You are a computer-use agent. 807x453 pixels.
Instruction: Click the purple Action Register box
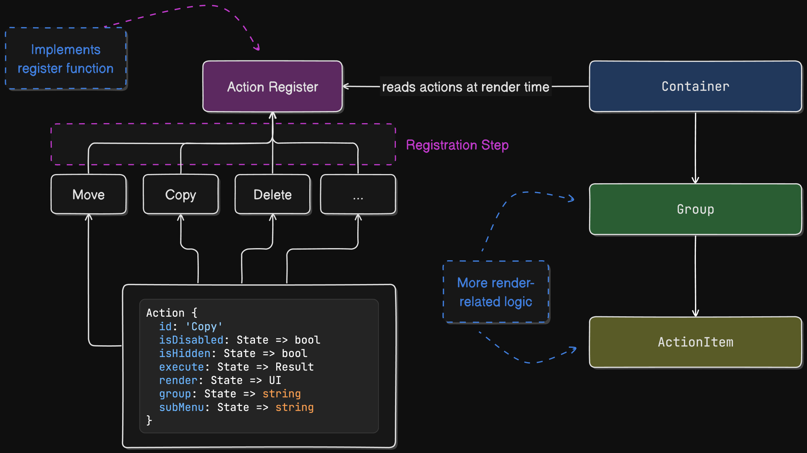coord(273,86)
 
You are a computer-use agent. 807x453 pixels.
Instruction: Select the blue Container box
coord(695,86)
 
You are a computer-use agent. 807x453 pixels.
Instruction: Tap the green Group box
coord(695,209)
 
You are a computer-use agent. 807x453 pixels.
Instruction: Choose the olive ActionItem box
coord(695,342)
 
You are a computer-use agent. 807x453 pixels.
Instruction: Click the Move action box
coord(88,195)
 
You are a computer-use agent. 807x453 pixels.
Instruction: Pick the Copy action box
coord(180,195)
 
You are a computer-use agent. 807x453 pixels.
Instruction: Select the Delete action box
coord(273,195)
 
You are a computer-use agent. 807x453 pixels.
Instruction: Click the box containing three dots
coord(358,195)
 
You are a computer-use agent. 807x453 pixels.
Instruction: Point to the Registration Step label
coord(457,145)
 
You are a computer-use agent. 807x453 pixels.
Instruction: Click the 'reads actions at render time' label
coord(465,87)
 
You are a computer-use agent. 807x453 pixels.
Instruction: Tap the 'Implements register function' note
coord(66,59)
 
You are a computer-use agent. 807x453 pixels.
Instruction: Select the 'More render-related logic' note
coord(496,292)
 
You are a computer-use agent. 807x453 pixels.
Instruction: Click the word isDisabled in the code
coord(191,340)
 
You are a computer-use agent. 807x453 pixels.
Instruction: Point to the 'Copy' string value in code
coord(204,327)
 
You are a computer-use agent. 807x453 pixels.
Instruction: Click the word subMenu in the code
coord(181,408)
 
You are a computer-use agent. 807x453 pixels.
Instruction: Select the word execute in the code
coord(181,367)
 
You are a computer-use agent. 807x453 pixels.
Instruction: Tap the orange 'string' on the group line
coord(281,394)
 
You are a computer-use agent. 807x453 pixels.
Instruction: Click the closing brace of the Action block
coord(149,420)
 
